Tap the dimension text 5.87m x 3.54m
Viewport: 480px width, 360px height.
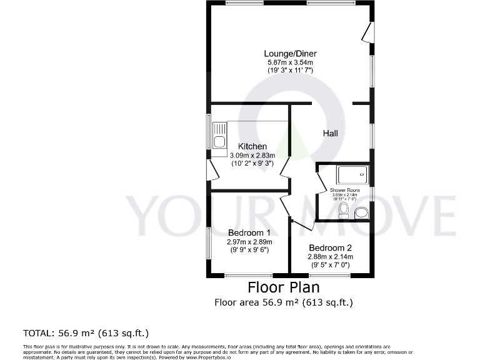[x=289, y=62]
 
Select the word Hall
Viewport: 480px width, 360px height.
[x=330, y=133]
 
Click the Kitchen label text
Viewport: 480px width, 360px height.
[x=252, y=146]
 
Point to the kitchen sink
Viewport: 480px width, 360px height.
[x=219, y=137]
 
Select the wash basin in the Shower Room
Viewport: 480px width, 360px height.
[x=361, y=214]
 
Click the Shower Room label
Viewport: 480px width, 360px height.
[x=345, y=190]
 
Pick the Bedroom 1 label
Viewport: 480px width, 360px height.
[x=249, y=232]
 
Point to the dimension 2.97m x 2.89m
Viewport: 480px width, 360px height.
[x=249, y=242]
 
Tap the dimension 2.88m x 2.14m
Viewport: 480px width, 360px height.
[x=330, y=256]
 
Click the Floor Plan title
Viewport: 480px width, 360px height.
[x=284, y=287]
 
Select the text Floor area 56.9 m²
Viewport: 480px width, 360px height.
[x=255, y=302]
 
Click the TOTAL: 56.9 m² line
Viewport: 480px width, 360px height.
[x=86, y=332]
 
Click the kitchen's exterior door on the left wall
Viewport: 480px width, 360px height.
[x=212, y=169]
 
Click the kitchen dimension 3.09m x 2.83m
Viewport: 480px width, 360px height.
[x=252, y=155]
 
